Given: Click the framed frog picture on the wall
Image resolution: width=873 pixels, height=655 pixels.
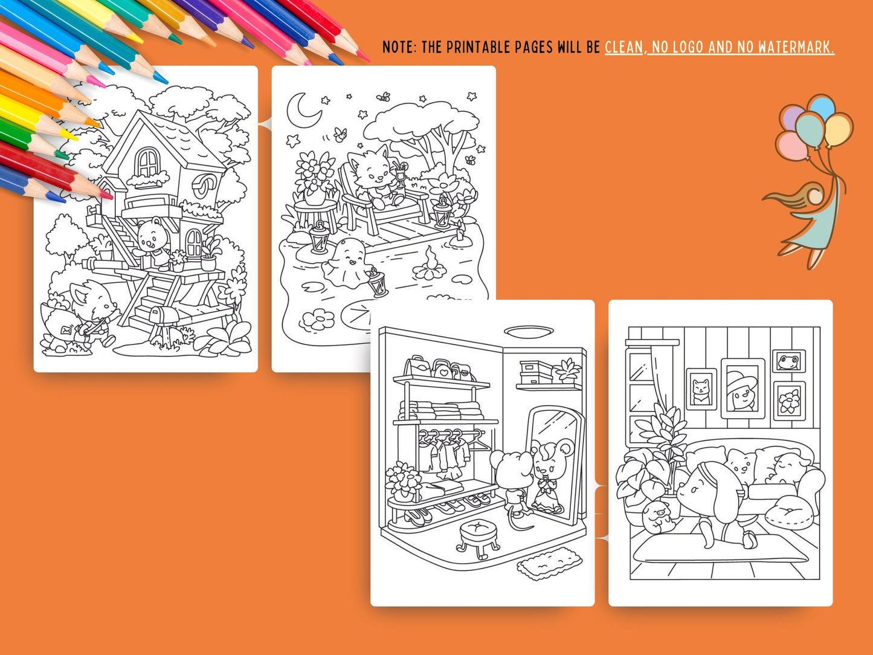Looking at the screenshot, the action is tap(788, 361).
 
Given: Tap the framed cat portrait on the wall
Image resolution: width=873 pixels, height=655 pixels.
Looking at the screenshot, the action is tap(701, 389).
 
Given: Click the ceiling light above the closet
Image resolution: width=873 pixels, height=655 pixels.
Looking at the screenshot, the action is tap(529, 331).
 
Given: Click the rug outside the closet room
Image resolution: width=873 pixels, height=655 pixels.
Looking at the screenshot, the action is tap(549, 563).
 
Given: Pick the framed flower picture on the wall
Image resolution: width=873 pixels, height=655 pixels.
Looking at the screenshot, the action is tap(789, 401).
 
